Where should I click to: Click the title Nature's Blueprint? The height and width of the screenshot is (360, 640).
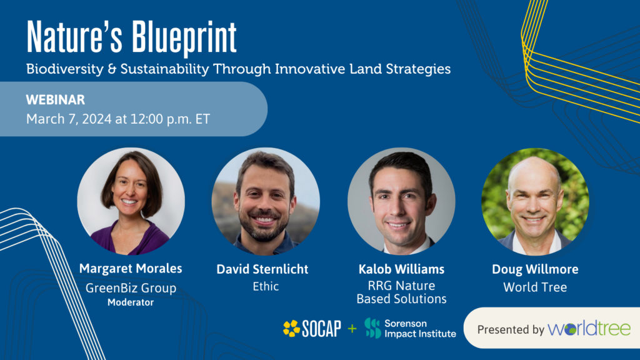point(132,39)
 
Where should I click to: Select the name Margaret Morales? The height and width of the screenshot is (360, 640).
point(131,269)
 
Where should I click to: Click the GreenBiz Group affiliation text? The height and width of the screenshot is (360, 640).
point(131,288)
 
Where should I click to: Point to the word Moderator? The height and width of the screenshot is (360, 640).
point(131,302)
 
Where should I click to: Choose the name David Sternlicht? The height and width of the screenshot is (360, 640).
point(262,269)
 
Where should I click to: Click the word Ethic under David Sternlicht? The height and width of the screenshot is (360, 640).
point(262,287)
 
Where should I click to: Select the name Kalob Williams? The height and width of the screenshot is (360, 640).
point(401,269)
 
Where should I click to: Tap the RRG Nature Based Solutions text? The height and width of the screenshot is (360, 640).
point(401,292)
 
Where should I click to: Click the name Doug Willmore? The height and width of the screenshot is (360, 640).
point(534,269)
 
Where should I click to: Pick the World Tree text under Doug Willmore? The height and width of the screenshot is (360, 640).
point(534,287)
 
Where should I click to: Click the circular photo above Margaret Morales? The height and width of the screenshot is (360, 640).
point(131,201)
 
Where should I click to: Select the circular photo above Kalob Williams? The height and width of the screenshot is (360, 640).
point(401,201)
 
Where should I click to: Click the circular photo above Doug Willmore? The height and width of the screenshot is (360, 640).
point(534,201)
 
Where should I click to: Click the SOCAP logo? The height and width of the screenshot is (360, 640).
point(312,328)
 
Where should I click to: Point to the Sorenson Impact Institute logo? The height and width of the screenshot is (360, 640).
point(410,328)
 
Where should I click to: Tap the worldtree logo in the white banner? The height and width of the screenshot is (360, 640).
point(589,329)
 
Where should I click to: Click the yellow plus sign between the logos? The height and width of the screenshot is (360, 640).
point(352,328)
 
